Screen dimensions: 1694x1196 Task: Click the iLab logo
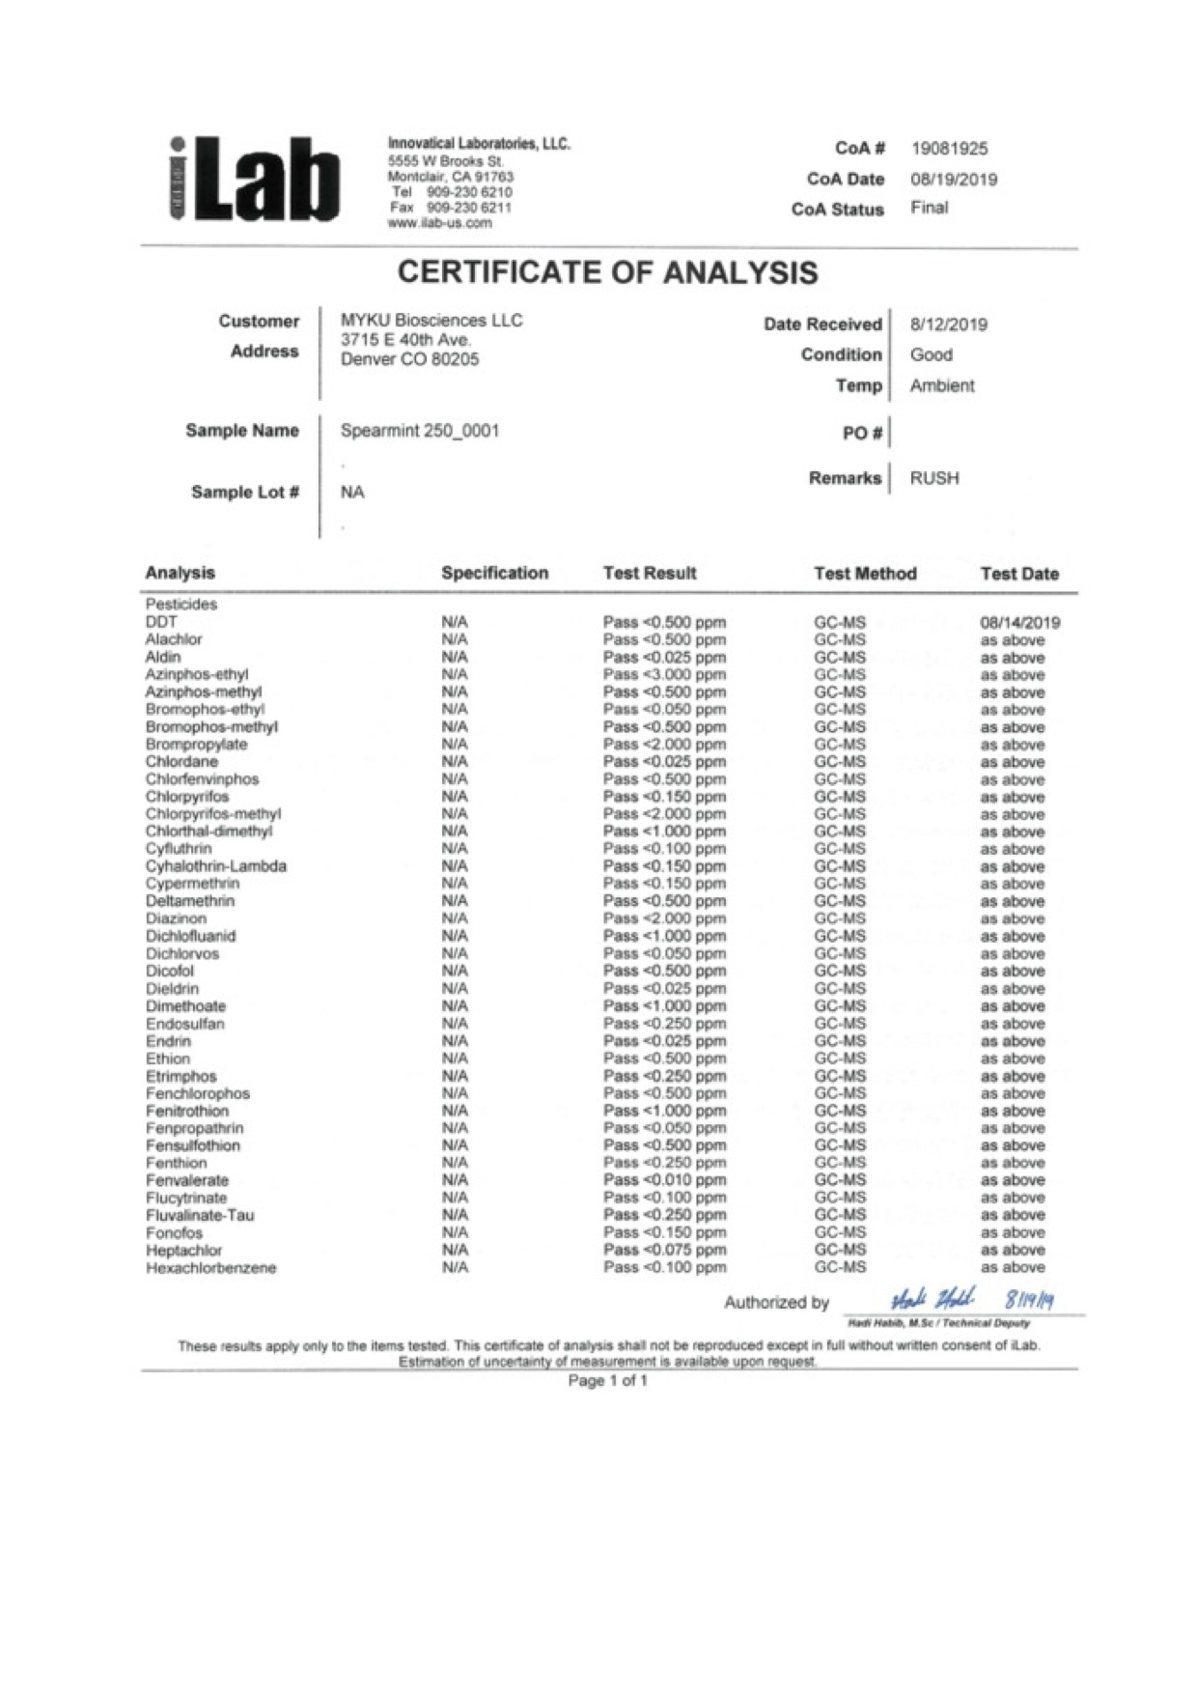(x=255, y=181)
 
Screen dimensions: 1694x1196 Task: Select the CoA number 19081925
(x=949, y=149)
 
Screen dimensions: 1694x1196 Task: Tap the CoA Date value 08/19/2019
(x=954, y=180)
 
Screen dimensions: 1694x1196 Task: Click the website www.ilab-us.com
(x=439, y=223)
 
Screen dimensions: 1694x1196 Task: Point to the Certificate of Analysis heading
(x=607, y=272)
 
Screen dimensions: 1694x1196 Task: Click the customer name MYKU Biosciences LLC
(x=431, y=321)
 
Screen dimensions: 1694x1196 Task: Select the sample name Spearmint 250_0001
(x=420, y=431)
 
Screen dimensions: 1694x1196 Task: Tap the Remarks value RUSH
(x=934, y=478)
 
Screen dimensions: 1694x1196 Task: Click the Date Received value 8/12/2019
(x=948, y=325)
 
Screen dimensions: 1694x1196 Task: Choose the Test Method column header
(x=865, y=574)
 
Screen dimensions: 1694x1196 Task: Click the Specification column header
(x=494, y=573)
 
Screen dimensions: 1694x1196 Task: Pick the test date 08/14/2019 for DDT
(x=1019, y=623)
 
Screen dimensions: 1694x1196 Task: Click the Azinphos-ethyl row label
(x=197, y=674)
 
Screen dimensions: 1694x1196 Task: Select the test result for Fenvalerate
(x=664, y=1180)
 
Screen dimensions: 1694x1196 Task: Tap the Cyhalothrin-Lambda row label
(x=216, y=866)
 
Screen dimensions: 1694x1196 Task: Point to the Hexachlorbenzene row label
(x=210, y=1268)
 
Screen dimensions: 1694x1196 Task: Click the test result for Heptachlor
(x=664, y=1250)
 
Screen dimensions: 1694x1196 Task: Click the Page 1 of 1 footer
(x=607, y=1381)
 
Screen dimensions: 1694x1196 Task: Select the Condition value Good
(x=931, y=354)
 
